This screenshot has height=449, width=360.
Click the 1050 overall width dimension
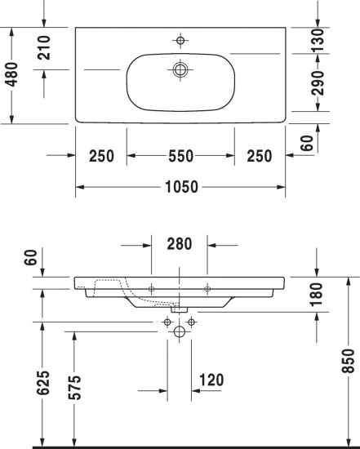tap(181, 187)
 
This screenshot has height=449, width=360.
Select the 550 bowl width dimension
tap(181, 156)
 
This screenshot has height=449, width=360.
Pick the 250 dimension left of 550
tap(101, 156)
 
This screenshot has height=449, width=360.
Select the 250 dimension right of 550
tap(260, 156)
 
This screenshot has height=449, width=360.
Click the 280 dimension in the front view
tap(180, 243)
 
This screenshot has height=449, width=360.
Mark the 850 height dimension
tap(349, 362)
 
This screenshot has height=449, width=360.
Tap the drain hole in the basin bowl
tap(180, 69)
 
